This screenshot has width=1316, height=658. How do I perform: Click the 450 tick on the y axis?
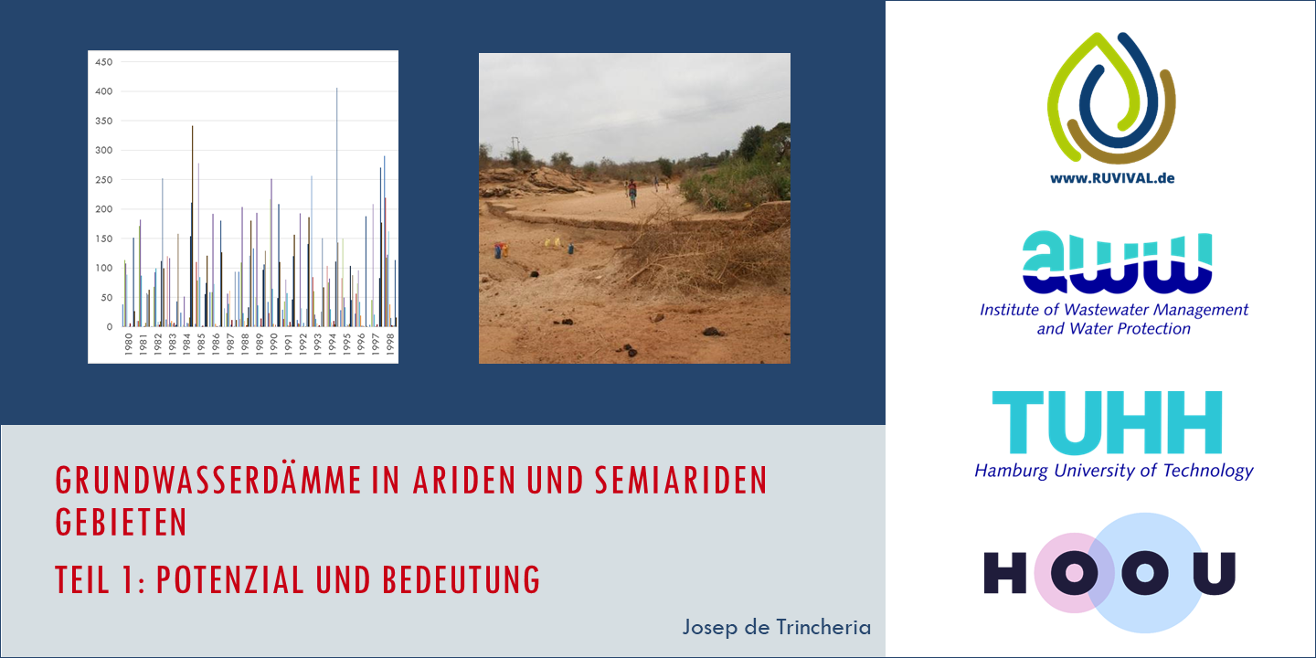click(x=103, y=62)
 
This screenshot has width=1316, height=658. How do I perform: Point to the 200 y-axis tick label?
click(x=103, y=209)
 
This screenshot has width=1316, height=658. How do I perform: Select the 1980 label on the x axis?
click(x=129, y=344)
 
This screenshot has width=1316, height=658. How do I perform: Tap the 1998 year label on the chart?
click(x=389, y=344)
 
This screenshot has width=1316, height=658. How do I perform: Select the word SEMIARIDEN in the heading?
click(x=681, y=481)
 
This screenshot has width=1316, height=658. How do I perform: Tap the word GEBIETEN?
click(x=121, y=522)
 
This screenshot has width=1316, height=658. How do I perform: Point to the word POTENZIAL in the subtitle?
click(x=229, y=579)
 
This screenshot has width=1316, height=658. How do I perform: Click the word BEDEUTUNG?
click(x=462, y=579)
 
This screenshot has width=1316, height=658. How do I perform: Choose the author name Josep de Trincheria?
click(x=777, y=628)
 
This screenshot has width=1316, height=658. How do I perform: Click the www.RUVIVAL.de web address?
click(x=1112, y=178)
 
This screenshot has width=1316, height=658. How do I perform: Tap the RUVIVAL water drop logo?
click(x=1111, y=98)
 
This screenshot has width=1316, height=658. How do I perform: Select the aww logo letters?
click(x=1117, y=262)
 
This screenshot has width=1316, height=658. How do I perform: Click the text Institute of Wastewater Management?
click(x=1114, y=310)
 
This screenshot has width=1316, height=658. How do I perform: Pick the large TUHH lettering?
click(x=1107, y=422)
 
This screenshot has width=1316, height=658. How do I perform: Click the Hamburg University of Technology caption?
click(x=1114, y=472)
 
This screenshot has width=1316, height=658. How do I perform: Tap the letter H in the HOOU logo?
click(x=1005, y=573)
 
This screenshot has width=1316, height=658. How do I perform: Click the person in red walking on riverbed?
click(x=632, y=194)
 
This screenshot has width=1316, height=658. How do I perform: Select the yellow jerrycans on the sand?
click(x=553, y=242)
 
